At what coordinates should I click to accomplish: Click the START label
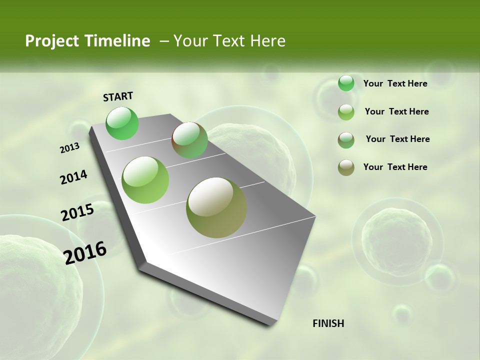[x=118, y=96]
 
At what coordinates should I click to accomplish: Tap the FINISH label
[x=328, y=323]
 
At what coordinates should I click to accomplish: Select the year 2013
[x=70, y=148]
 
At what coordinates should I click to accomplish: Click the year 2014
[x=74, y=177]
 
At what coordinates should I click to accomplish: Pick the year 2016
[x=85, y=252]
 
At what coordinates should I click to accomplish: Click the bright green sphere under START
[x=122, y=123]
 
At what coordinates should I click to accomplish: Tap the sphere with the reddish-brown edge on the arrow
[x=189, y=140]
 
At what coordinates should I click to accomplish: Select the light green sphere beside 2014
[x=145, y=180]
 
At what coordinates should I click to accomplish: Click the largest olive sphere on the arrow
[x=216, y=207]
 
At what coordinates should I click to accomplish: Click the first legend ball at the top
[x=346, y=83]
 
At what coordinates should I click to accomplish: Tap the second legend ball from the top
[x=346, y=112]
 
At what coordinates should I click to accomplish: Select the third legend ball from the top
[x=346, y=140]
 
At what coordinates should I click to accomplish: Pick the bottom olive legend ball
[x=346, y=167]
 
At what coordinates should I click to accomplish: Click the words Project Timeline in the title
[x=87, y=41]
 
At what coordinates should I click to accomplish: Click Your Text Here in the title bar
[x=229, y=41]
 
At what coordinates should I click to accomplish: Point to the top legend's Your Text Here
[x=395, y=83]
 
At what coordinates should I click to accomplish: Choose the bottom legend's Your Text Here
[x=395, y=167]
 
